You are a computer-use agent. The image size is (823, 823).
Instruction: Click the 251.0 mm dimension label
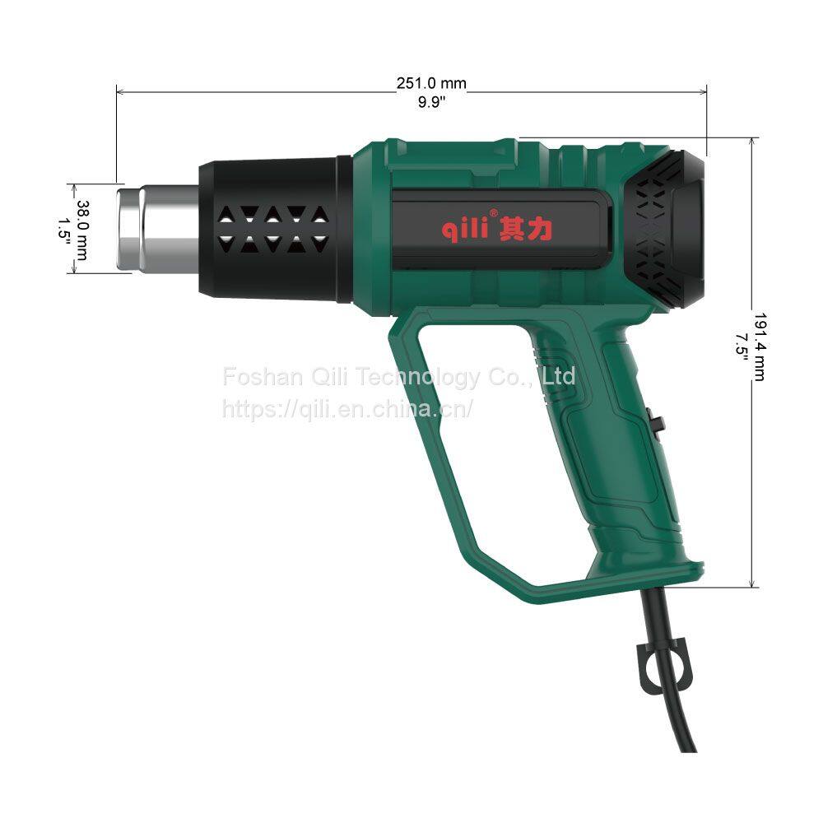[x=431, y=83]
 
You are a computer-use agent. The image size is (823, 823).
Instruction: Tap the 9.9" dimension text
[x=431, y=102]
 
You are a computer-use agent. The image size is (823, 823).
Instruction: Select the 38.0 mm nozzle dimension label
[x=82, y=230]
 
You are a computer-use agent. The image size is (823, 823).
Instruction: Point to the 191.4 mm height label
[x=760, y=346]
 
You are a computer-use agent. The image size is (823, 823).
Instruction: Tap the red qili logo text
[x=465, y=229]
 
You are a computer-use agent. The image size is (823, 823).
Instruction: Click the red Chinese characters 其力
[x=525, y=230]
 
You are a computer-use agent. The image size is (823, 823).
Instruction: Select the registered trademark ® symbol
[x=493, y=214]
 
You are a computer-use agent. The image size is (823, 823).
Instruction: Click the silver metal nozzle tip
[x=158, y=228]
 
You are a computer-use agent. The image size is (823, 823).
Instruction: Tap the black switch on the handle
[x=656, y=422]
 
